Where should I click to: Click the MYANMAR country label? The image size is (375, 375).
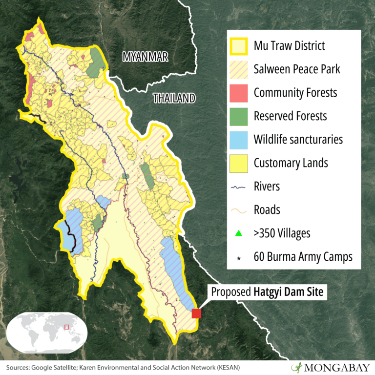tap(145, 57)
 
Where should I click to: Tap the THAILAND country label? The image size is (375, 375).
tap(174, 98)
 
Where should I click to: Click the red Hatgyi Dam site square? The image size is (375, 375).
tap(196, 313)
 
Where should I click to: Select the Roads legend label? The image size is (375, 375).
tap(267, 209)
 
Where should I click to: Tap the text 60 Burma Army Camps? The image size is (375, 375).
tap(303, 257)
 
